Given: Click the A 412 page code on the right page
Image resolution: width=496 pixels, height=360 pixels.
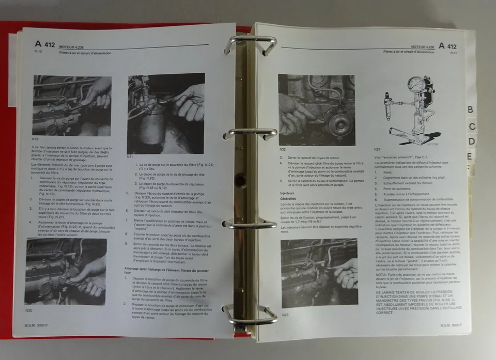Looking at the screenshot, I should coord(447,46).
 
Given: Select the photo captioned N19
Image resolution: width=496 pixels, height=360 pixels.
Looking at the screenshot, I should coord(72,106).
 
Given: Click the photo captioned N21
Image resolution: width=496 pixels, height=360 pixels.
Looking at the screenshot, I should coord(166,114).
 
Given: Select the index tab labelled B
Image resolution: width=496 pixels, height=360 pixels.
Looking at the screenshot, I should coord(470,109).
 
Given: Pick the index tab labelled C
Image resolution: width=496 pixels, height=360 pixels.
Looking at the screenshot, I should coord(472,126).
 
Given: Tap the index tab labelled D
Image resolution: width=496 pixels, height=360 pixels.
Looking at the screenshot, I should coord(471,141).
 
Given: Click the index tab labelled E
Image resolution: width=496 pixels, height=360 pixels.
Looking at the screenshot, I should coord(469,156).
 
